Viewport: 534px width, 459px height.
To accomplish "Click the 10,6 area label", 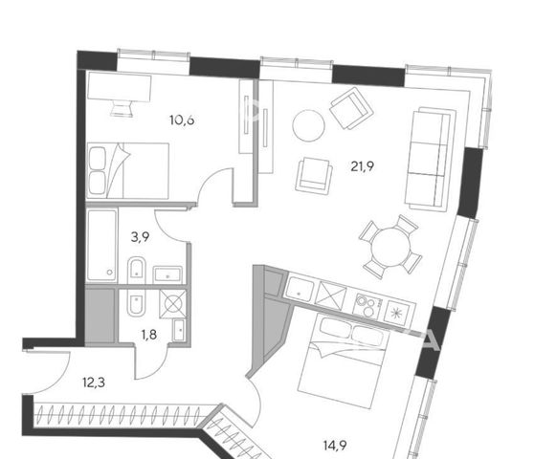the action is pyautogui.click(x=182, y=120).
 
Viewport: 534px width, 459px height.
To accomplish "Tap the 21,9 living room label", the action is pyautogui.click(x=363, y=166).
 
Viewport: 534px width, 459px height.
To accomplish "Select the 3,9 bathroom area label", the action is pyautogui.click(x=141, y=237).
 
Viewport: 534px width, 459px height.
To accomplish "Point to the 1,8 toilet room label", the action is pyautogui.click(x=149, y=335).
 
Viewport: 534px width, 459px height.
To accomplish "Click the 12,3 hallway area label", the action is pyautogui.click(x=94, y=382).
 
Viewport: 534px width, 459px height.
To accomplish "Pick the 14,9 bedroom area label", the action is pyautogui.click(x=335, y=445).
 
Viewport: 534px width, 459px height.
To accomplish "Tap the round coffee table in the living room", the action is pyautogui.click(x=308, y=125).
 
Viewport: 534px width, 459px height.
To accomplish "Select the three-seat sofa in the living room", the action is pyautogui.click(x=431, y=159).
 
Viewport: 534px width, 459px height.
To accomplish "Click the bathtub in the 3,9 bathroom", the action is pyautogui.click(x=101, y=246).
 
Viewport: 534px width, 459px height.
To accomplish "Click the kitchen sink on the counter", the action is pyautogui.click(x=300, y=290).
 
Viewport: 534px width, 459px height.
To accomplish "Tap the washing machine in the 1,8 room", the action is pyautogui.click(x=173, y=304).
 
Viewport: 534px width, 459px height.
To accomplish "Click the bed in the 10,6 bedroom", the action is pyautogui.click(x=128, y=170).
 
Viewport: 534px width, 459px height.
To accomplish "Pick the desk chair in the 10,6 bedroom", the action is pyautogui.click(x=122, y=109).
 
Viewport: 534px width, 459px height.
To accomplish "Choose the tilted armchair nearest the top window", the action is pyautogui.click(x=351, y=108).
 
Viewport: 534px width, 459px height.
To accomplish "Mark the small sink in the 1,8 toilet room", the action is pyautogui.click(x=179, y=330).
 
